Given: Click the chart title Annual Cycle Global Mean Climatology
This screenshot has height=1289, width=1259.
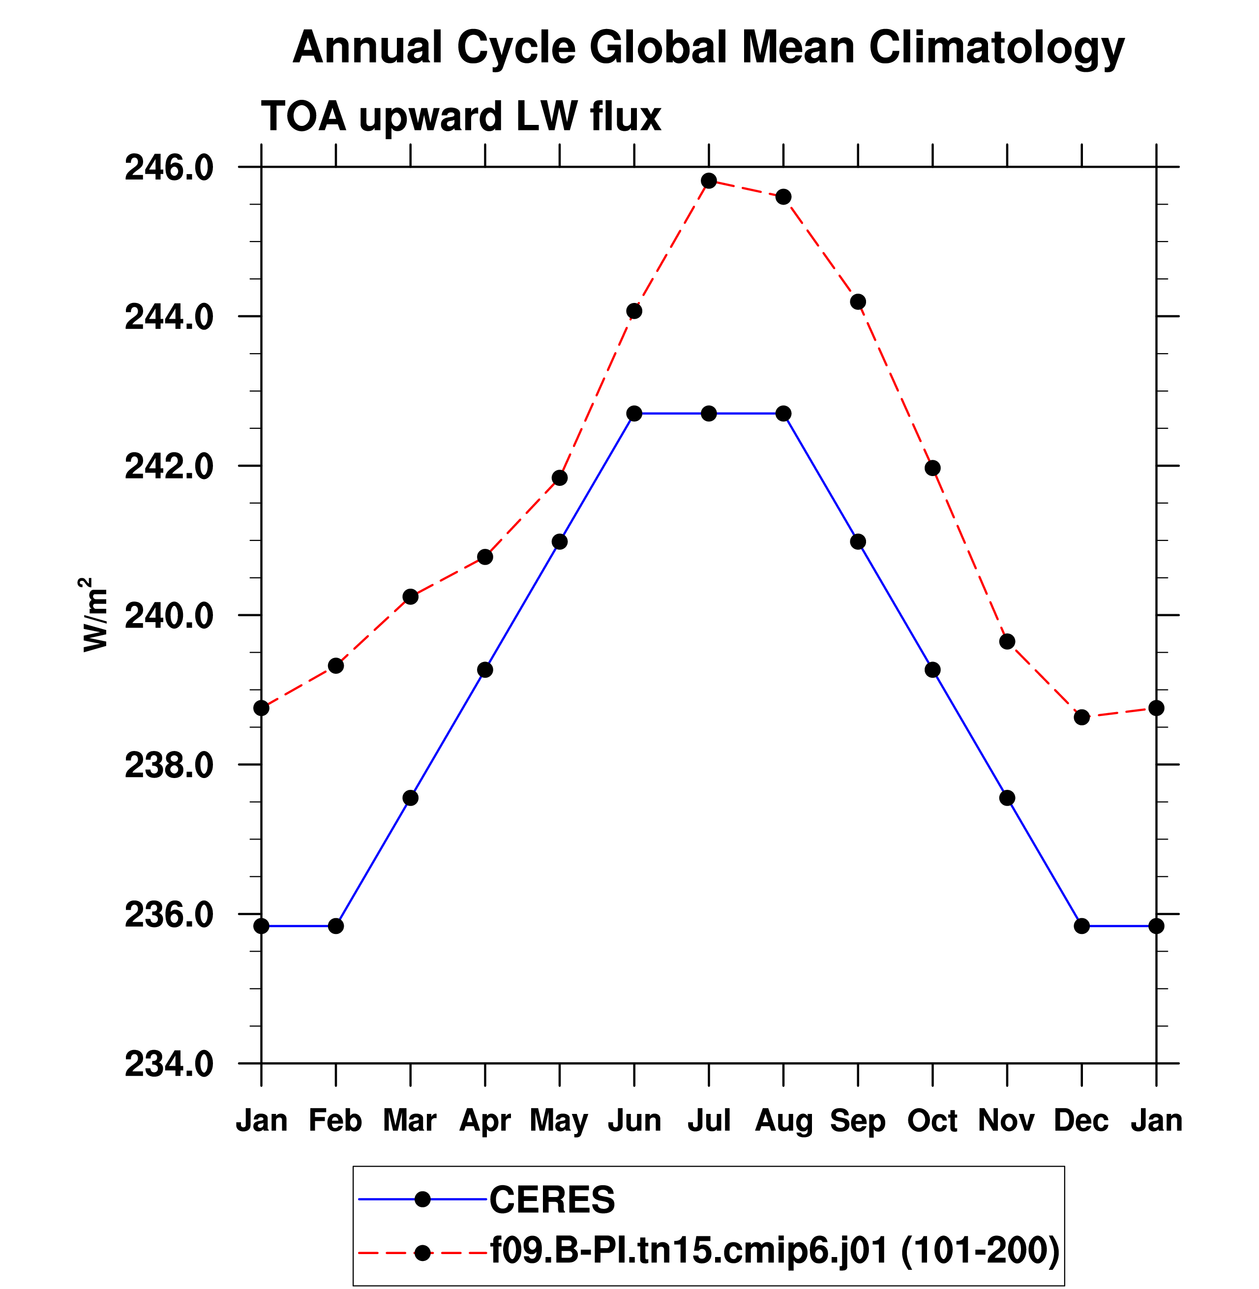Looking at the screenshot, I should [708, 48].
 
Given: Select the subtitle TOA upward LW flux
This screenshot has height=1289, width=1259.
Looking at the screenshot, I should [461, 117].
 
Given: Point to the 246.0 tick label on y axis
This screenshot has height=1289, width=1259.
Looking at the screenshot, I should [169, 168].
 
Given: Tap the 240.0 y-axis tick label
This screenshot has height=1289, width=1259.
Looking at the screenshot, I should [169, 616].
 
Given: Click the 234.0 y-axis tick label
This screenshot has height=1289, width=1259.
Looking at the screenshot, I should [169, 1065].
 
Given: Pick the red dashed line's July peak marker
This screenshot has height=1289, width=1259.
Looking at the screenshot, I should [709, 180].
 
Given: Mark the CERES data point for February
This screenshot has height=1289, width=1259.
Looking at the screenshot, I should [336, 926].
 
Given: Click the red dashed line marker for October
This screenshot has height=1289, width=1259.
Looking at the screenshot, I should [932, 468].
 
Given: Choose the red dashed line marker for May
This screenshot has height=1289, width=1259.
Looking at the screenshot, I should [559, 478].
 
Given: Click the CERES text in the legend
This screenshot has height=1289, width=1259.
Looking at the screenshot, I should [552, 1199].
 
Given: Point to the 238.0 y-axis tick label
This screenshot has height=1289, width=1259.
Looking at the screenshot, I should [169, 766].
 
